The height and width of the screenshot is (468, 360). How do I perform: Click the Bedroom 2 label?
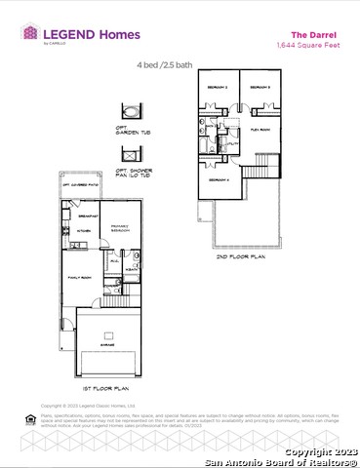tap(218, 89)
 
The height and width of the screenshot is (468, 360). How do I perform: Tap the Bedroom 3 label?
tap(259, 89)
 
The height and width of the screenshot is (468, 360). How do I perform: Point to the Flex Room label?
tap(260, 129)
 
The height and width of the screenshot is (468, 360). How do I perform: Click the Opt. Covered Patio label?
tap(80, 184)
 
